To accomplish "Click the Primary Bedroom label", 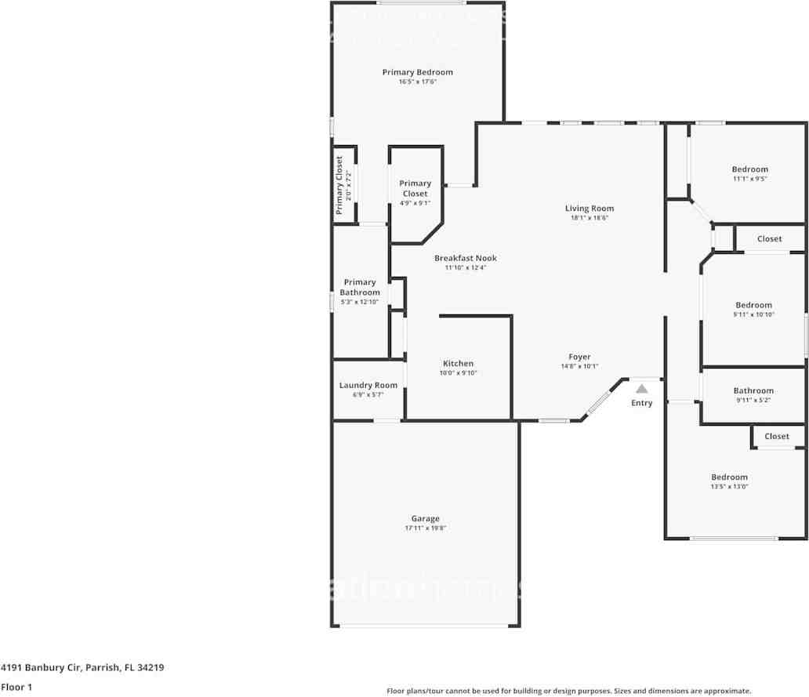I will click(x=417, y=72).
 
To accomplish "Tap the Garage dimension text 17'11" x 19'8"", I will click(x=425, y=528).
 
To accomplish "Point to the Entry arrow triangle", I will click(x=642, y=388).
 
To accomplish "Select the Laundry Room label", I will click(x=368, y=385).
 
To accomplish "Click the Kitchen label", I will click(x=458, y=363).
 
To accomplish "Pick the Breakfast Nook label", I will click(x=466, y=258).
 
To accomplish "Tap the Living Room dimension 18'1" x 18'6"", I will click(x=590, y=218).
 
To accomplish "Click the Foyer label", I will click(x=579, y=357).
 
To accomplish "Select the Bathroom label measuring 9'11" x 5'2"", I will click(x=753, y=390).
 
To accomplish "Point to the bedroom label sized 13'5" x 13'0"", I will click(x=729, y=477).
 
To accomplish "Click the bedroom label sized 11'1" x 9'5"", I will click(x=749, y=169).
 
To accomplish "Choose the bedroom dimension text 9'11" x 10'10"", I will click(x=753, y=314).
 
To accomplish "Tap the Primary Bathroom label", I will click(x=359, y=287).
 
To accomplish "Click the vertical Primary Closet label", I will click(x=339, y=185).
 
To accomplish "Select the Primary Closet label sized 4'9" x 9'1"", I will click(x=415, y=188).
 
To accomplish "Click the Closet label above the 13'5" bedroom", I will click(x=777, y=436).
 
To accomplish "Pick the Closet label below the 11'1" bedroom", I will click(x=769, y=238).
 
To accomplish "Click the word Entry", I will click(x=641, y=403).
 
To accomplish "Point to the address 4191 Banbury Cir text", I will click(x=82, y=668).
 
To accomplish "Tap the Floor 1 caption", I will click(x=16, y=687).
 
